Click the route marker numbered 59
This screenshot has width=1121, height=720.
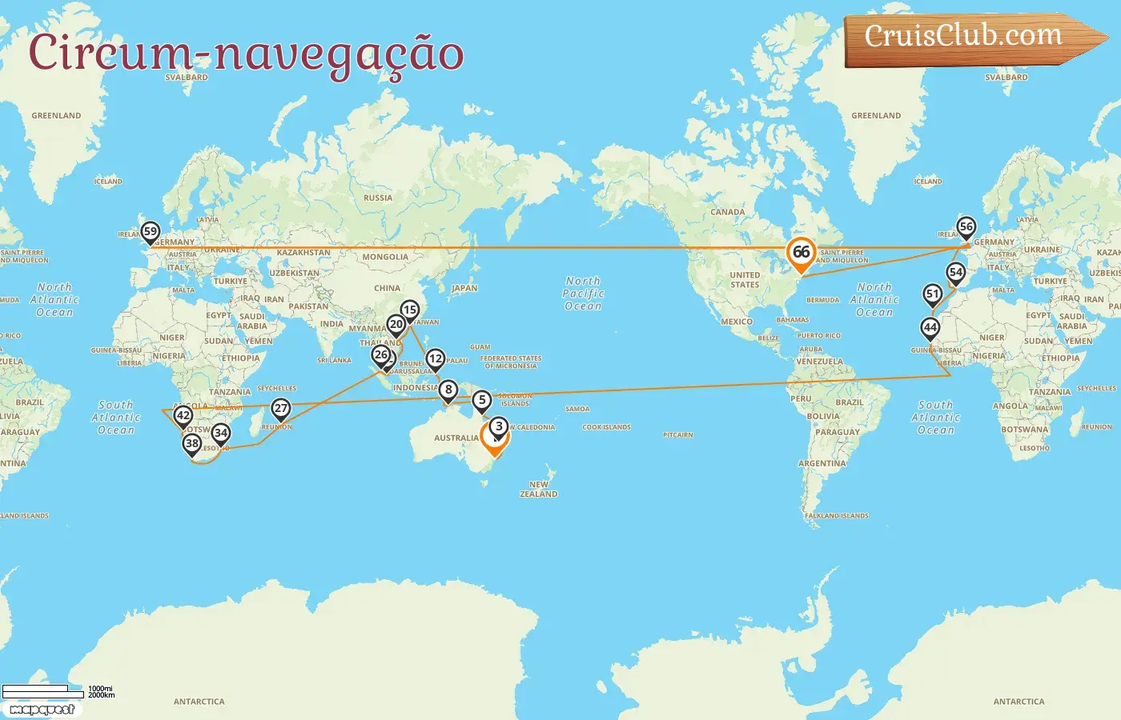150,233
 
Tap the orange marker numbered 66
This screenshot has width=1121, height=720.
801,253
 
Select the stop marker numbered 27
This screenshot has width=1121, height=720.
280,409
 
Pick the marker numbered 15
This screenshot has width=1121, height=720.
409,310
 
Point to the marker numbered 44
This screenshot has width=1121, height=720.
930,328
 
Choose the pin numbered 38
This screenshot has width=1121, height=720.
192,444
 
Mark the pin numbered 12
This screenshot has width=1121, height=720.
435,358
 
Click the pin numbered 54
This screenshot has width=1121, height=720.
955,273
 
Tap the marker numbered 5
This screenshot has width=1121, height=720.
481,400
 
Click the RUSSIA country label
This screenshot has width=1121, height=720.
378,198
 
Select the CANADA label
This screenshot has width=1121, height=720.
727,212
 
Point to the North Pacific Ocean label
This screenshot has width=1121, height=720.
583,294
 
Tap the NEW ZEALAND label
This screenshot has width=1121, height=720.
539,490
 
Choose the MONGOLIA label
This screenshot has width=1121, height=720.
385,257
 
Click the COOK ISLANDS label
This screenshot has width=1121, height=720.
606,427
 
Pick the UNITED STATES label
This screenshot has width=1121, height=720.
745,280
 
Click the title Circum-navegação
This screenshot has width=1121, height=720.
246,53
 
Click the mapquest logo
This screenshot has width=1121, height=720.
42,709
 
